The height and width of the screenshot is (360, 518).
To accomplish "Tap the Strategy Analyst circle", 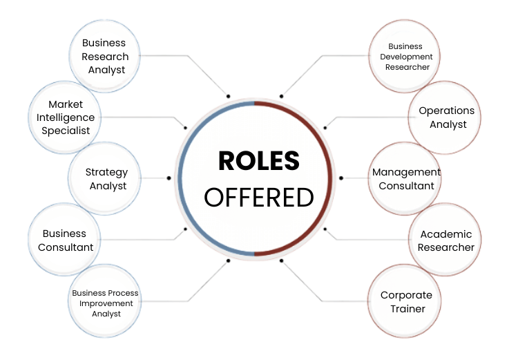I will point(106,178).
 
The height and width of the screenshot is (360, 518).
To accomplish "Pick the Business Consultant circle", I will point(65,240).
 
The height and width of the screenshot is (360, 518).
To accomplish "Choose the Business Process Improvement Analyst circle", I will point(106,303).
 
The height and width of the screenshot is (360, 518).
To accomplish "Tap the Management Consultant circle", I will point(405,178).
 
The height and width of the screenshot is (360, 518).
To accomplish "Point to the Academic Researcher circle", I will point(447,240).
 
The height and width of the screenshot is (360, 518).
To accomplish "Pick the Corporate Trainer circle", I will point(406,303).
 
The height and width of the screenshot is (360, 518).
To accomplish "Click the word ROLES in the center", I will point(259,161).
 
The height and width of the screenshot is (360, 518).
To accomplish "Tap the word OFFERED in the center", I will point(259,198).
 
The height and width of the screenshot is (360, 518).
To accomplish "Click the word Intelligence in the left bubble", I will point(65,117).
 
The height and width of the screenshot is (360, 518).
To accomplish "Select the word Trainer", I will point(407,309).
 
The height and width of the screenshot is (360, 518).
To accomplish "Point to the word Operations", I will point(447,111).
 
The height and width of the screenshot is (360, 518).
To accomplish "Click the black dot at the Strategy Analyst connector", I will point(169,178).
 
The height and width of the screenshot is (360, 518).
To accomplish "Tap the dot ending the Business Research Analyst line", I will point(228,95).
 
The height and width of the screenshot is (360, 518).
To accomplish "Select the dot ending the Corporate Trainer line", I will point(281,260).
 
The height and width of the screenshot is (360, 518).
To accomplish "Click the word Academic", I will point(446,234).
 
